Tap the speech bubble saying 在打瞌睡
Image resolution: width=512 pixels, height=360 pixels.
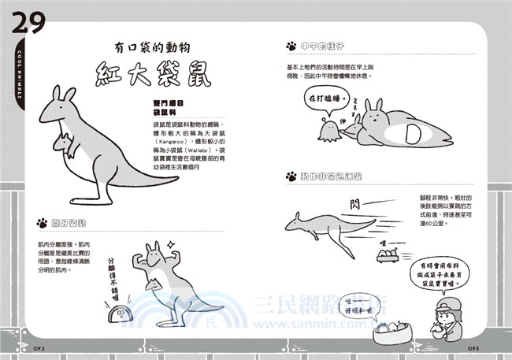[326, 98]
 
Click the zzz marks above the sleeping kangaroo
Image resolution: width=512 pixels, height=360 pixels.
[355, 103]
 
